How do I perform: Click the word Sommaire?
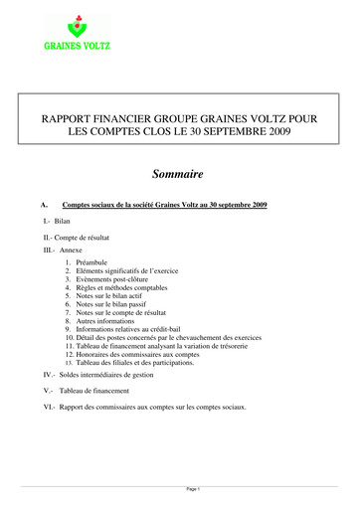(x=179, y=173)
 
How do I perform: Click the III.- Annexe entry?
(x=63, y=253)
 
